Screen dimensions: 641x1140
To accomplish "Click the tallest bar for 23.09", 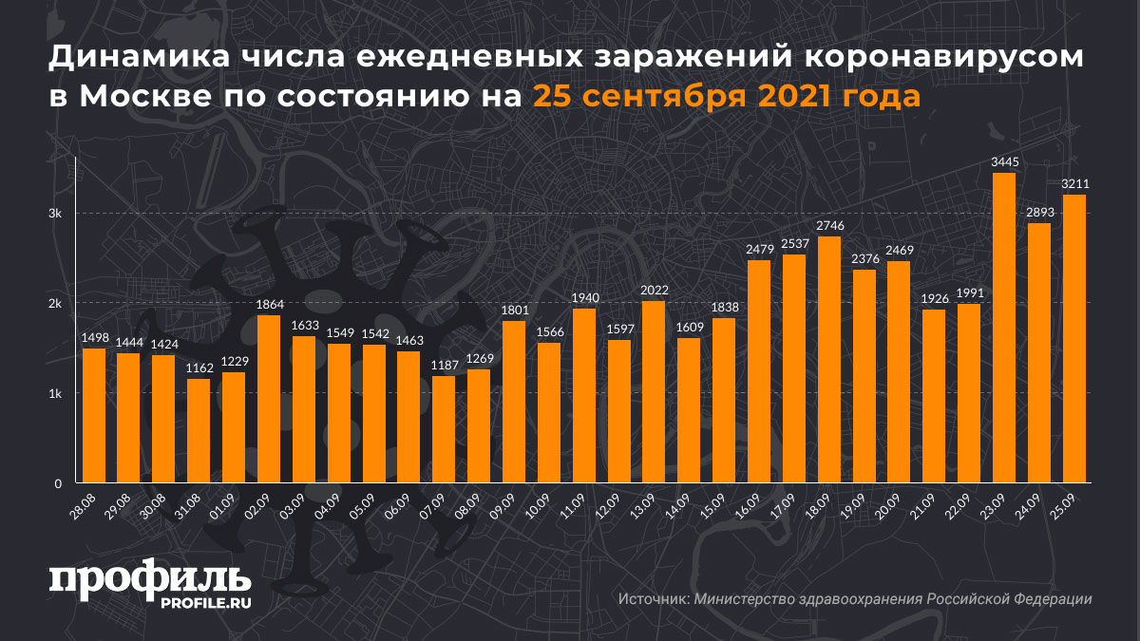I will pyautogui.click(x=1004, y=328).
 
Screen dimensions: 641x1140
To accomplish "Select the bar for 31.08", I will pyautogui.click(x=199, y=431).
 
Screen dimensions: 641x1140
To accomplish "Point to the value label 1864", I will pyautogui.click(x=269, y=305).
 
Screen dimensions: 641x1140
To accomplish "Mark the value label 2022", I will pyautogui.click(x=655, y=291).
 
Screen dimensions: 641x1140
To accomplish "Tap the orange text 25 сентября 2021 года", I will pyautogui.click(x=726, y=96).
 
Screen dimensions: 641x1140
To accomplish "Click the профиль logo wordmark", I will pyautogui.click(x=149, y=578).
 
